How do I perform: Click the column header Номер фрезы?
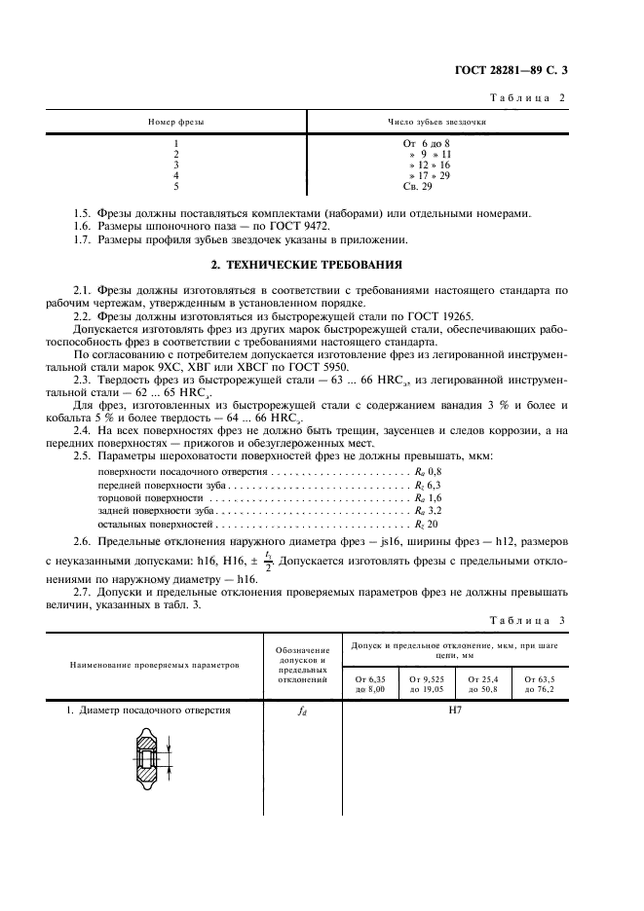click(175, 123)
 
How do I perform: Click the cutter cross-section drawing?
click(149, 756)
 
